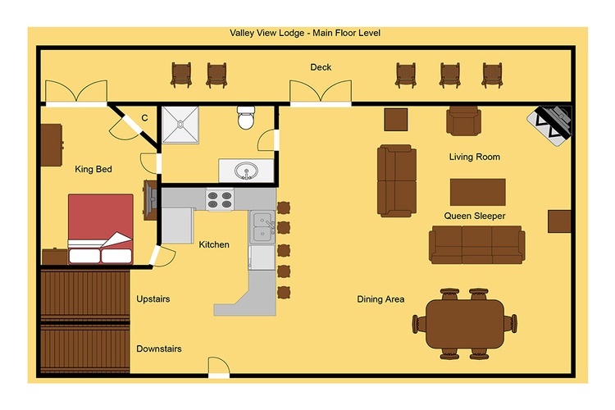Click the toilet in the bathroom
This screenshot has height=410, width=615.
246,117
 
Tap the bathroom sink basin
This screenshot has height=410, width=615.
246,171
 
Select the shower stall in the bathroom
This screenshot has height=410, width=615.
180,125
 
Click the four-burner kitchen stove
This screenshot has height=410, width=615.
220,199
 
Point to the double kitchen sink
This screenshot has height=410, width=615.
262,227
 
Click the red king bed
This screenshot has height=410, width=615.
101,229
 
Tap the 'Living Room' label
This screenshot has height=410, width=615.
475,157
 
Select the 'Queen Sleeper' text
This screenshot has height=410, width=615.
475,216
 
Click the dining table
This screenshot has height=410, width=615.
465,324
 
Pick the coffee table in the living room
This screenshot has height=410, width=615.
478,192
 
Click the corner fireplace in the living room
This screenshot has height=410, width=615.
550,125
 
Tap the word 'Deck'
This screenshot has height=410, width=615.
321,67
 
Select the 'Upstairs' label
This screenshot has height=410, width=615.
153,299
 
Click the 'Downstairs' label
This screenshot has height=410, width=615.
159,348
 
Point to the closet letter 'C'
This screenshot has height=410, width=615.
144,118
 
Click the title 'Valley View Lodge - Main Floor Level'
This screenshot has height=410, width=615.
305,33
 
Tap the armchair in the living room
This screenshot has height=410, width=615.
463,121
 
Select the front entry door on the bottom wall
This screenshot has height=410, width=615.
218,367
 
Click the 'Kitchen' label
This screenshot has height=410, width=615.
214,244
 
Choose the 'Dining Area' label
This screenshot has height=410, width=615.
380,299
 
